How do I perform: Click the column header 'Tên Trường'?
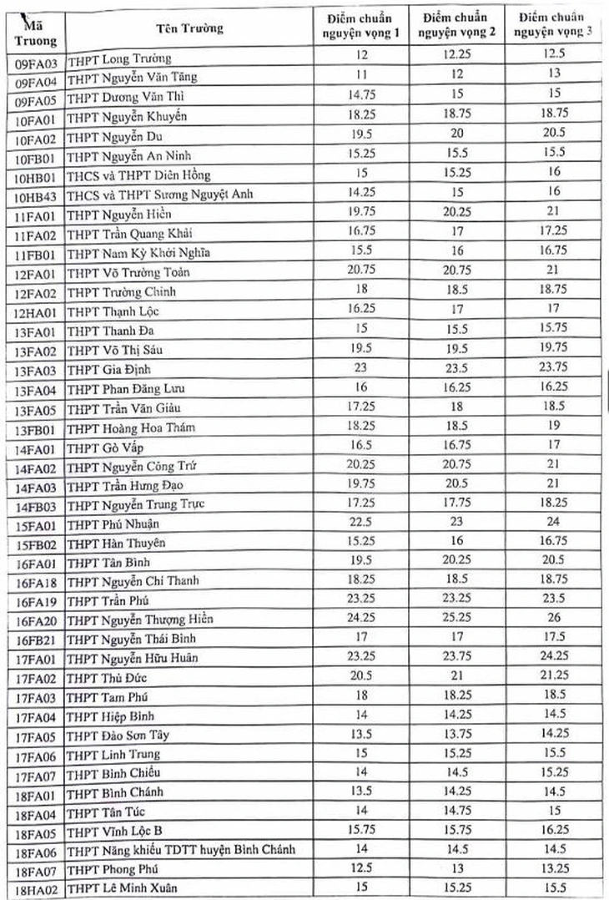[189, 28]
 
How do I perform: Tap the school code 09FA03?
[36, 59]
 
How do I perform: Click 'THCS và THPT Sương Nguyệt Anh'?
[160, 195]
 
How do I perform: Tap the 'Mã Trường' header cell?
[36, 28]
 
